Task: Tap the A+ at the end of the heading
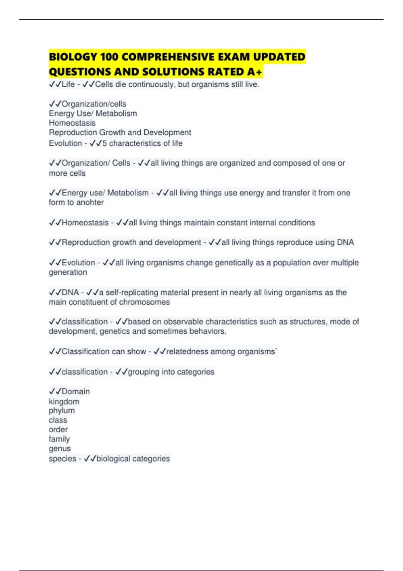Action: [255, 72]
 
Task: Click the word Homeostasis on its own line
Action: [72, 123]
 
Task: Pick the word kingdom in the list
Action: [64, 401]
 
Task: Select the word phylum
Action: [62, 411]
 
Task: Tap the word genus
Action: [60, 448]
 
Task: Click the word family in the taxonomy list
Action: [59, 439]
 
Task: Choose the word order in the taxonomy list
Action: [58, 430]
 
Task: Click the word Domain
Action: [76, 392]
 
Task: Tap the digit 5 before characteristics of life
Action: [104, 143]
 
